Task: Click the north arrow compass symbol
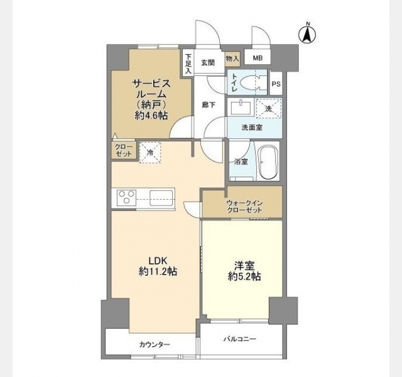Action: point(308,33)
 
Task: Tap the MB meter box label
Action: point(258,58)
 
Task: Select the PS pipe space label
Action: point(276,84)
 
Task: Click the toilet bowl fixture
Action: point(251,82)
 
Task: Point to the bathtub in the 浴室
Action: point(268,162)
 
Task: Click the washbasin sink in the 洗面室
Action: point(241,107)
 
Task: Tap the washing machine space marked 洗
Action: point(268,109)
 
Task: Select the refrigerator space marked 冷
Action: point(150,153)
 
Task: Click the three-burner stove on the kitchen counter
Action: point(126,197)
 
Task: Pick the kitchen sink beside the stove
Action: point(161,197)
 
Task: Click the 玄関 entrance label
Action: point(208,63)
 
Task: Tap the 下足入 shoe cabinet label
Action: point(188,63)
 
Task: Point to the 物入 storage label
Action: point(232,59)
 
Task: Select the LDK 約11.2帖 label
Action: point(158,266)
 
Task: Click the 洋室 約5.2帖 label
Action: point(244,271)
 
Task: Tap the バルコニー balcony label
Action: point(240,339)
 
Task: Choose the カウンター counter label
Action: point(155,344)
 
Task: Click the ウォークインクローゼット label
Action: point(244,207)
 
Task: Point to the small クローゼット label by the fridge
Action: point(124,151)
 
